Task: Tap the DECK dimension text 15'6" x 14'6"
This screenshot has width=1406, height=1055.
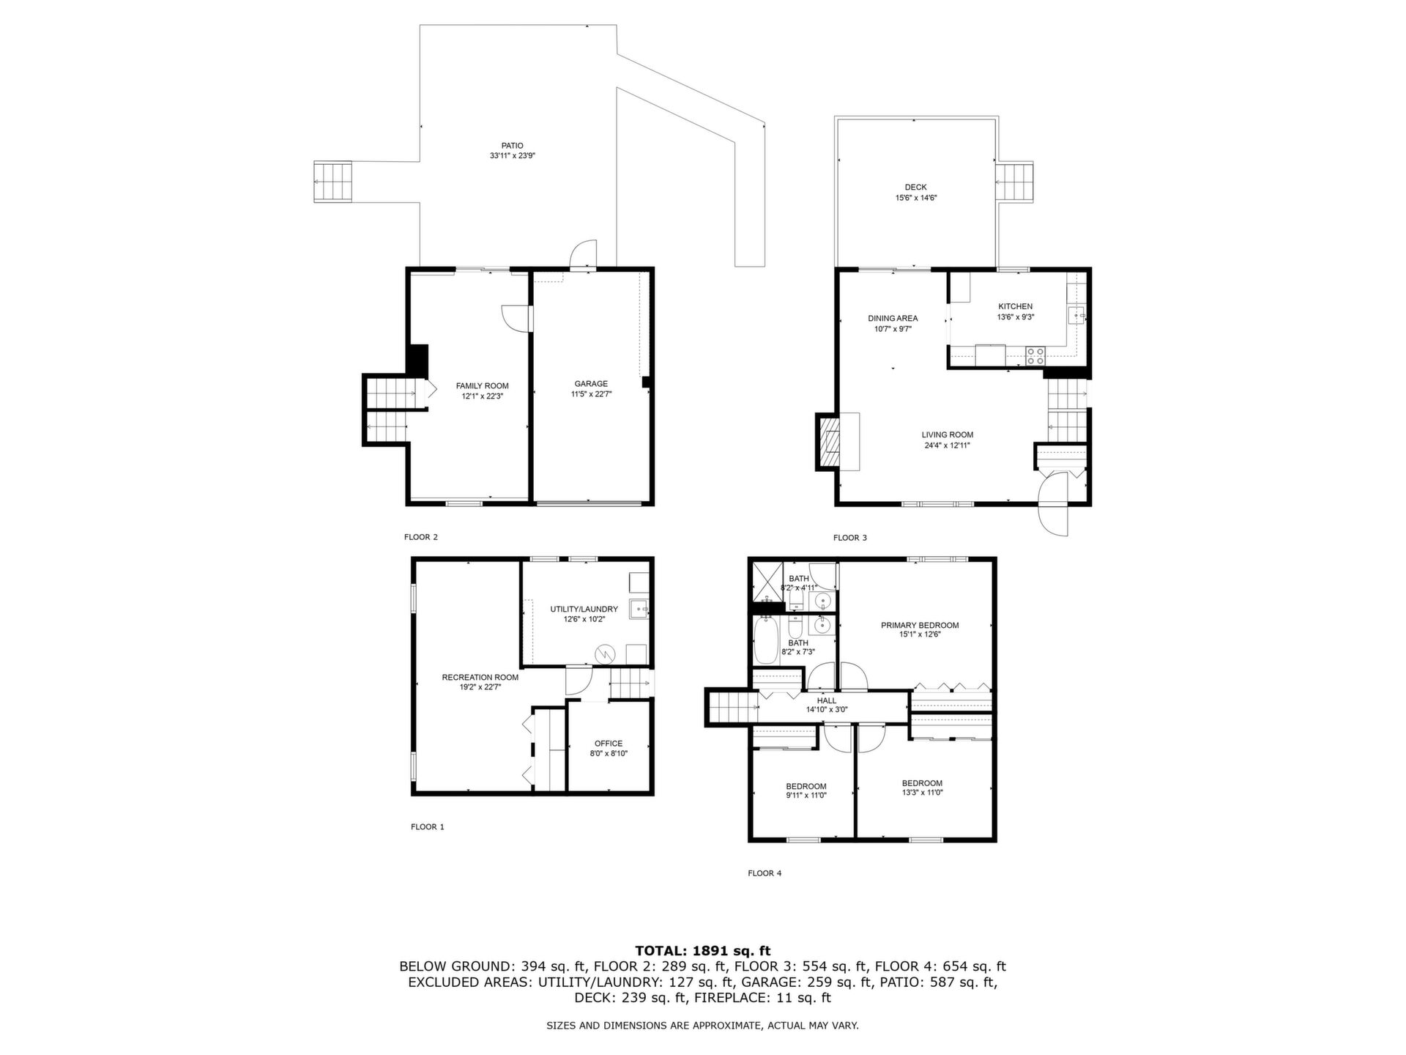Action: click(916, 198)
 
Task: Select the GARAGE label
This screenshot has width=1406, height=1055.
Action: click(591, 384)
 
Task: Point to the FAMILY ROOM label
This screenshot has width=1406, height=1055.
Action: click(482, 386)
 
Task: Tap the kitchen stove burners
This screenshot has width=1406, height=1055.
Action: click(1035, 356)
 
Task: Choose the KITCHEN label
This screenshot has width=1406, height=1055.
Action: click(1015, 307)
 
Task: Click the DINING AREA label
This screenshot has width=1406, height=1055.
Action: click(893, 319)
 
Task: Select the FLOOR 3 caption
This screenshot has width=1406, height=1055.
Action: click(850, 538)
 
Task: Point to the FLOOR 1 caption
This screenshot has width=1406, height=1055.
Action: click(428, 827)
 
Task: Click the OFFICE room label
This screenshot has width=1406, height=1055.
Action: click(609, 744)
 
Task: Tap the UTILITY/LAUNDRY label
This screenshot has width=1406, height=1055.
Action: click(584, 609)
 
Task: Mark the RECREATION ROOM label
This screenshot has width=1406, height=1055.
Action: click(480, 678)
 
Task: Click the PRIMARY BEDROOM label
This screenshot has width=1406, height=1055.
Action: click(920, 626)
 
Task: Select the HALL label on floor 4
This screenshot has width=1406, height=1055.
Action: click(826, 701)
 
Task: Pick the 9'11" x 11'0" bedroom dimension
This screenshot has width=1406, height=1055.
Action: click(806, 796)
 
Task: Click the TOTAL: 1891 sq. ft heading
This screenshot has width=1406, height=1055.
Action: click(702, 951)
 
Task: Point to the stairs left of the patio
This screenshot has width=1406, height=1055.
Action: click(333, 182)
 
